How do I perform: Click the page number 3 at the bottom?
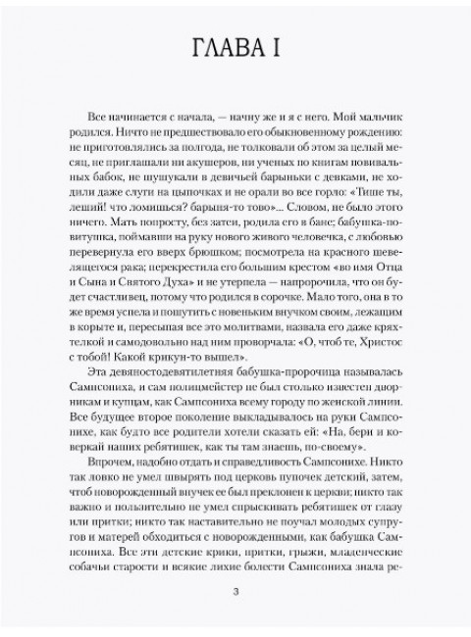click(x=235, y=589)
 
